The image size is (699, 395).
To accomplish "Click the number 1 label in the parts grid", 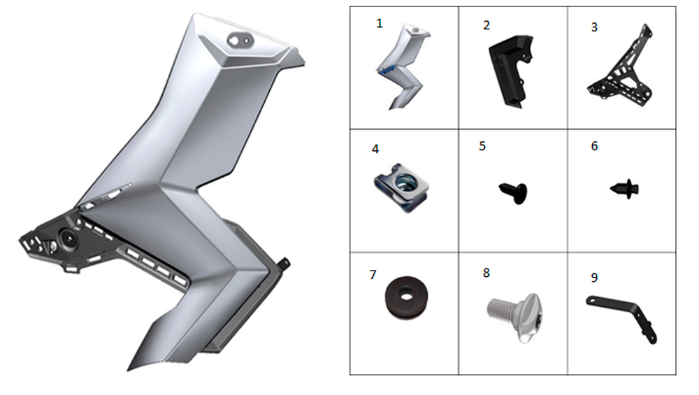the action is [x=380, y=23].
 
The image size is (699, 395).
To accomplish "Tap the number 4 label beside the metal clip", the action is [x=375, y=149].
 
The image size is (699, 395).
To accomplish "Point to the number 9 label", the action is [x=594, y=278].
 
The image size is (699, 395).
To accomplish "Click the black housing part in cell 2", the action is [x=510, y=69].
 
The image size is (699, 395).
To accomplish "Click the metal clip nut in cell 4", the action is [x=401, y=187].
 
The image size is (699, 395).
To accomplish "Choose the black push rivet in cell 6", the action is [x=625, y=189].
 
